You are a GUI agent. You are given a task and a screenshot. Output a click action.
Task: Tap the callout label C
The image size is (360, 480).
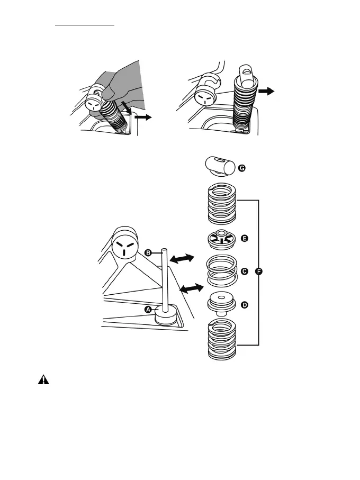point(244,271)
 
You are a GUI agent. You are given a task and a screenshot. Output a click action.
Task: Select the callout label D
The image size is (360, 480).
point(244,305)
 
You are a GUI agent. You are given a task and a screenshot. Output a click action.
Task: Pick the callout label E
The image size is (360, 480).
point(244,239)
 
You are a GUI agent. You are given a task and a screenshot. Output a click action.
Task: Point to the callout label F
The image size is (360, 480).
point(258,271)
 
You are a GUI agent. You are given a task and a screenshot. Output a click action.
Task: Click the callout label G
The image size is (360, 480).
point(241,168)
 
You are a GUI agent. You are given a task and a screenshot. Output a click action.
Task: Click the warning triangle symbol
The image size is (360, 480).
point(43,381)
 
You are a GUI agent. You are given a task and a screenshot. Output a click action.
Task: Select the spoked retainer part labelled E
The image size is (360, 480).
point(221,240)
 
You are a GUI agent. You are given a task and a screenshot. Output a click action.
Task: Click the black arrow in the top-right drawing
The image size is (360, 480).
point(268,91)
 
